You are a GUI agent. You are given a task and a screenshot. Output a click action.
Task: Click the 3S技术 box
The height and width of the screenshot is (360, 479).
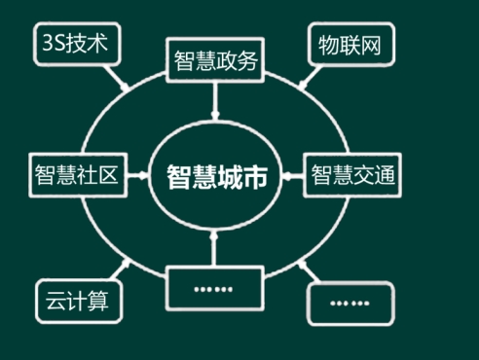[x=77, y=44]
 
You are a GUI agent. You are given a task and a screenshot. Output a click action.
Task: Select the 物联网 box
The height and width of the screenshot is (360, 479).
[x=350, y=45]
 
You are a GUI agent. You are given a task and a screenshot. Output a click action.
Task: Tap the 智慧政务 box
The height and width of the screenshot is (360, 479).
[x=215, y=60]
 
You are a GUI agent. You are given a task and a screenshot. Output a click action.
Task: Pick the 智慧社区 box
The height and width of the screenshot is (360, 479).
[x=78, y=175]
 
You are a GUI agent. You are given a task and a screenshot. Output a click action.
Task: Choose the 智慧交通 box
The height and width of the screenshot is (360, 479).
[x=352, y=175]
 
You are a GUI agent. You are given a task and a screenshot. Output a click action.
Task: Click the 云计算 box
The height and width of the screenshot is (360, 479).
[x=79, y=301]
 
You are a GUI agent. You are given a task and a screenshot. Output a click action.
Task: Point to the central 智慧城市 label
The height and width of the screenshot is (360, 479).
[x=217, y=176]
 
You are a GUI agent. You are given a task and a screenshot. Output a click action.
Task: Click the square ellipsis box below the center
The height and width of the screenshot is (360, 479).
[x=214, y=288]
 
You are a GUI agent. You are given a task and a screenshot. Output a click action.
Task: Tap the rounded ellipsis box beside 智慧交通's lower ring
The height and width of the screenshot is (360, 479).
[x=350, y=304]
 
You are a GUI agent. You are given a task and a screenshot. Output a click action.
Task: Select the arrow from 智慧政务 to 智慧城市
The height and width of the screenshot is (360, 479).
[x=215, y=101]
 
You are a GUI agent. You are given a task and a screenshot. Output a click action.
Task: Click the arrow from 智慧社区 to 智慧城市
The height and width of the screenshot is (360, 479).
[x=138, y=175]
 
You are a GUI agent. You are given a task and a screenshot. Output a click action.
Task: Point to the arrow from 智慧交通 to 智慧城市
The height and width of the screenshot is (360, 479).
[x=292, y=176]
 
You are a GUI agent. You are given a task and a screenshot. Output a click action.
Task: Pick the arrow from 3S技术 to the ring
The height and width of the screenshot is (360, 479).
[x=116, y=78]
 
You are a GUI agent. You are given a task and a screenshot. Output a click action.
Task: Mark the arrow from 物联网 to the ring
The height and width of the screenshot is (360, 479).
[x=310, y=78]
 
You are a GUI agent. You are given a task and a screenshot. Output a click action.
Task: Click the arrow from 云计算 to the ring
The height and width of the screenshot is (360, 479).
[x=120, y=270]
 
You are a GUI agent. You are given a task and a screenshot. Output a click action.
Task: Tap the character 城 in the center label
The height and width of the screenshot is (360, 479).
[x=230, y=176]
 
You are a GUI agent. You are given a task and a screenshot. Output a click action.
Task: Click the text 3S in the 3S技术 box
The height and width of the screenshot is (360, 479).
[x=55, y=43]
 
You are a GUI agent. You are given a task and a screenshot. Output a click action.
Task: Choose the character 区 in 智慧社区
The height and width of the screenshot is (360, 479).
[x=108, y=174]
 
